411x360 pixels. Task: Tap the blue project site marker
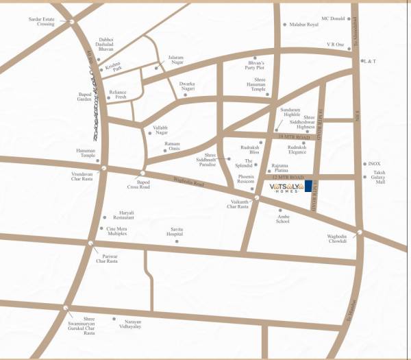pos(309,187)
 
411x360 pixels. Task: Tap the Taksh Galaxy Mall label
pos(375,178)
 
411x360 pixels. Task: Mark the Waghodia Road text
pos(189,184)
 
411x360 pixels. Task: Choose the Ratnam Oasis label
pos(171,146)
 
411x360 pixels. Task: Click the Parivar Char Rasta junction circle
pos(90,244)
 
